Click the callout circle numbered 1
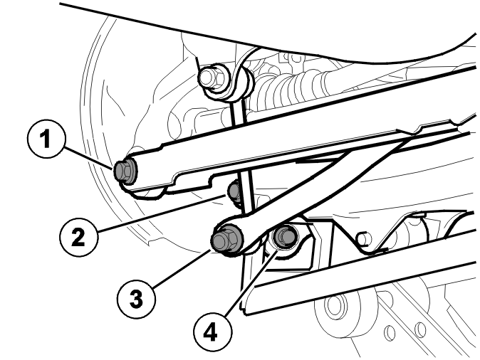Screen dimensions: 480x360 click(x=46, y=139)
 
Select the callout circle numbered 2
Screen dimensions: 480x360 click(x=78, y=237)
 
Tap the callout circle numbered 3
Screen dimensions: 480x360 click(x=136, y=298)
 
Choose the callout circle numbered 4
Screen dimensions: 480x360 click(x=212, y=332)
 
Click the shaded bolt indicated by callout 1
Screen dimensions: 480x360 click(x=125, y=172)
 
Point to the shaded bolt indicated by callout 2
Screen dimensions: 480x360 click(x=234, y=191)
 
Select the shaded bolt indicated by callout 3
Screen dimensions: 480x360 click(x=226, y=239)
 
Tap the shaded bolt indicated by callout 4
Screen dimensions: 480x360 click(x=284, y=236)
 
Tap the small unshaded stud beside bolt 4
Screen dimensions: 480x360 click(x=362, y=238)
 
